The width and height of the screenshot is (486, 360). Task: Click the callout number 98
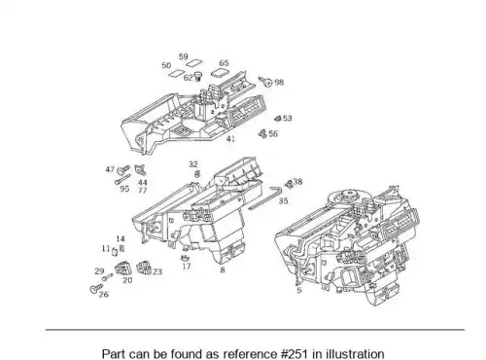click(x=279, y=83)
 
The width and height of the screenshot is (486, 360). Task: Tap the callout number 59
click(x=184, y=56)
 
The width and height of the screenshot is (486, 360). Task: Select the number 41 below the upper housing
click(x=230, y=139)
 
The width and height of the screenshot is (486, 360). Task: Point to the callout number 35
click(x=283, y=200)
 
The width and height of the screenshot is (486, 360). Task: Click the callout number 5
click(x=299, y=290)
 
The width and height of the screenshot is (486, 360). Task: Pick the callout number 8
click(x=223, y=270)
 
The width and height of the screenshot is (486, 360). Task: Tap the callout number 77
click(x=143, y=191)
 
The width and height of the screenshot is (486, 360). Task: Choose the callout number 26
click(x=104, y=295)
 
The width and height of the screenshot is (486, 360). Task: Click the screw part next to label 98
click(x=265, y=81)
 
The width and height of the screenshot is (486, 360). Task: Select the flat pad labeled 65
click(x=221, y=73)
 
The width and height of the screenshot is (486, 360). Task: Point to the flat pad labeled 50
click(x=177, y=74)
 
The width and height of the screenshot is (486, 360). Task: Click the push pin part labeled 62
click(x=197, y=77)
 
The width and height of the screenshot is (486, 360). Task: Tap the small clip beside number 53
click(x=278, y=119)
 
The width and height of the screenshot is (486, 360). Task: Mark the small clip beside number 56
click(x=262, y=133)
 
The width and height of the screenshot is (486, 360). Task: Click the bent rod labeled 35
click(x=265, y=198)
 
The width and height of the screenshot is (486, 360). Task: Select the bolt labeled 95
click(x=122, y=180)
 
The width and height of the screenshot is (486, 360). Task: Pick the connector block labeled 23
click(x=144, y=268)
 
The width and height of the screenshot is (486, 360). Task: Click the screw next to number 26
click(x=96, y=288)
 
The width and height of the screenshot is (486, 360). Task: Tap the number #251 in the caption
click(x=295, y=353)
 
